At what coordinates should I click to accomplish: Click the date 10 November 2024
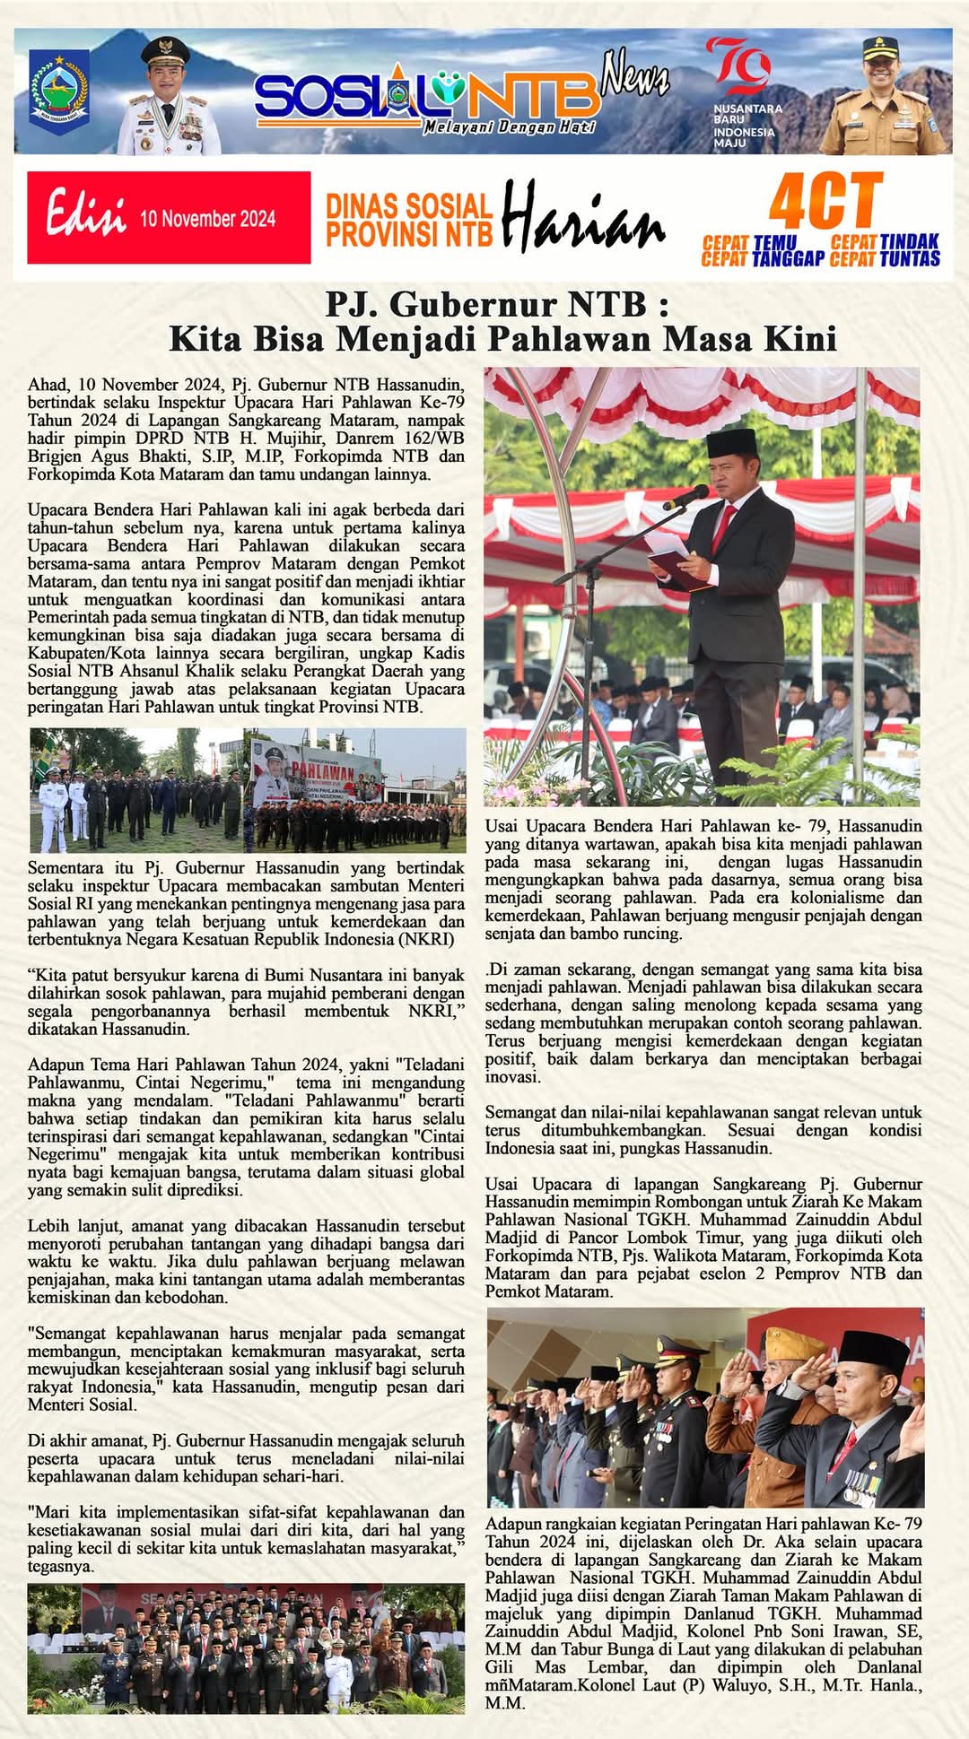[207, 219]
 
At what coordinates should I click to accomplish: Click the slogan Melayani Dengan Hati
[509, 127]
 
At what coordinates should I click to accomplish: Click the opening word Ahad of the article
[48, 385]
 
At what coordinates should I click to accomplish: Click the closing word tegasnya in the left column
[60, 1567]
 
